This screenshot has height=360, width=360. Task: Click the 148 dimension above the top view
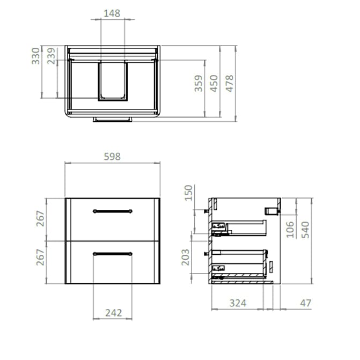pos(112,13)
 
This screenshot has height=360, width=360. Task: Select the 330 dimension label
pos(35,56)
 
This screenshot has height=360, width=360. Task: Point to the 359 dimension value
pos(199,84)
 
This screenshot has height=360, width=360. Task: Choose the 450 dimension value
pos(214,84)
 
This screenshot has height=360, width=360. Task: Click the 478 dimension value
pos(230,84)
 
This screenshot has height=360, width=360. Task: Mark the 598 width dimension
pos(112,157)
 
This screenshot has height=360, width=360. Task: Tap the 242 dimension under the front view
pos(112,312)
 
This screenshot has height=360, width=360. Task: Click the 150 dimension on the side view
pos(188,193)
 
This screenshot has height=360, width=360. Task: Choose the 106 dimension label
pos(290,229)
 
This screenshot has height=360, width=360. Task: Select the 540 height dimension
pos(305,229)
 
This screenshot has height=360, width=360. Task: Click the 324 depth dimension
pos(238,303)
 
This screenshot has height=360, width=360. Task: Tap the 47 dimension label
pos(305,303)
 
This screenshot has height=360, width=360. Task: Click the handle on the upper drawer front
pos(112,210)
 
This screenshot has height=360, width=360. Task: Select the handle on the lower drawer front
pos(112,253)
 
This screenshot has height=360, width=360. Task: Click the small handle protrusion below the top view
pos(112,119)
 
